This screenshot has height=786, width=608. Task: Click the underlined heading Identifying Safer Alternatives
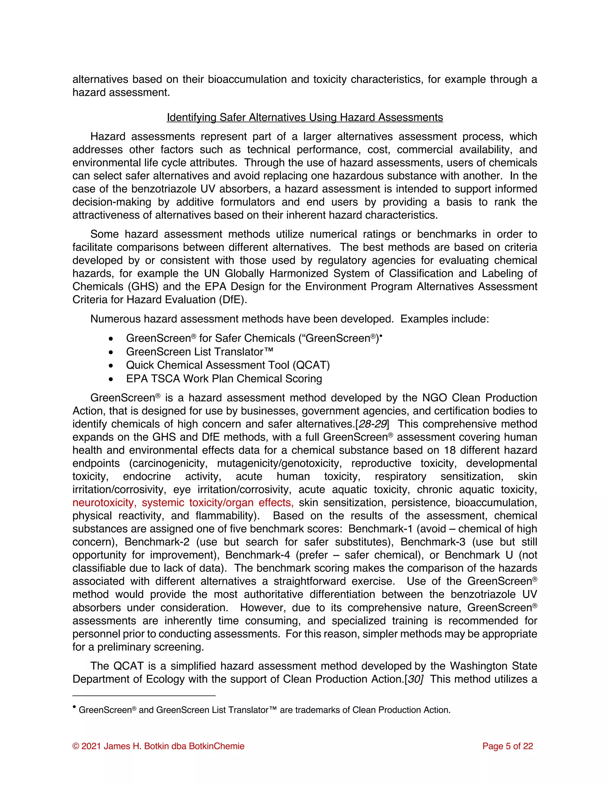305,117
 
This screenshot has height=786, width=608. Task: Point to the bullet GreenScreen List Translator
199,351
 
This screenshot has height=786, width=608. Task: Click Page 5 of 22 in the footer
507,746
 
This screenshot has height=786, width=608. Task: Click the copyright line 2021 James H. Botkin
159,746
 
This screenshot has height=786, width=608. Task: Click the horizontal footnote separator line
144,696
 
